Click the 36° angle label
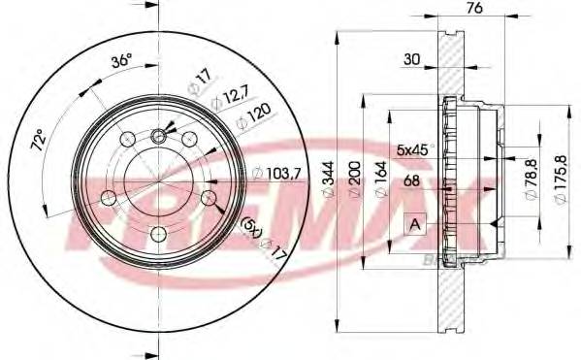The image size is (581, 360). tap(121, 59)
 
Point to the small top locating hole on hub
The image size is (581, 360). tap(159, 135)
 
